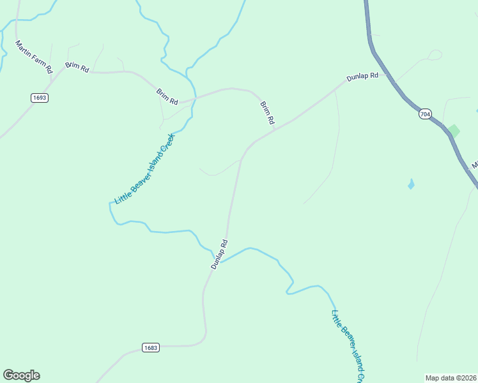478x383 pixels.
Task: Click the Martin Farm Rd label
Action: tap(33, 57)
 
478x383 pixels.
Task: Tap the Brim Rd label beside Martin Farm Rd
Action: tap(77, 67)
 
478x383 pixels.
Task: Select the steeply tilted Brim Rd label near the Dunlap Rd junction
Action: tap(267, 112)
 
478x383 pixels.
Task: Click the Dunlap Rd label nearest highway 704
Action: tap(362, 77)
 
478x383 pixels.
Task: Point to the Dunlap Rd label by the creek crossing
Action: tap(219, 253)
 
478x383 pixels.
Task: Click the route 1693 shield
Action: tap(39, 98)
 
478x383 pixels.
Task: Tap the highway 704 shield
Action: tap(425, 114)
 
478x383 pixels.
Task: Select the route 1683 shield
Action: tap(150, 348)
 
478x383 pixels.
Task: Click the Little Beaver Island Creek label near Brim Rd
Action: tap(144, 169)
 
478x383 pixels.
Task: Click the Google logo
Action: tap(21, 375)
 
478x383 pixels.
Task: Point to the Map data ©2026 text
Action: tap(451, 378)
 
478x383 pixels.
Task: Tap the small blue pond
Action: tap(411, 185)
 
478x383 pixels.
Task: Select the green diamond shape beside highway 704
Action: tap(454, 131)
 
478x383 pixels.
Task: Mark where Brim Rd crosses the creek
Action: tap(194, 98)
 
